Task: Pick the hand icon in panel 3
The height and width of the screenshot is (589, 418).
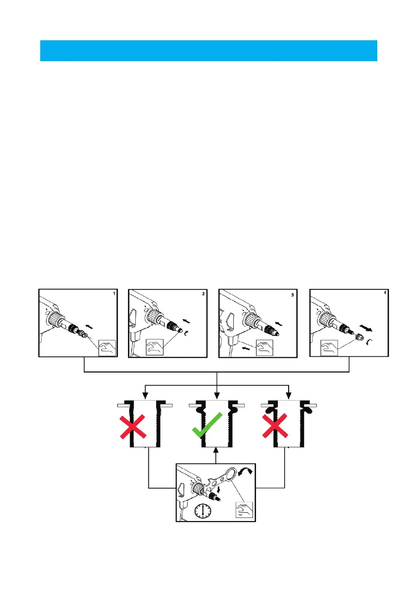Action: point(265,348)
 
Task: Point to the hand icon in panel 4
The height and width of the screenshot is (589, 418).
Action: point(329,348)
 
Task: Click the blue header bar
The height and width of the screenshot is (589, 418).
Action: point(209,51)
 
